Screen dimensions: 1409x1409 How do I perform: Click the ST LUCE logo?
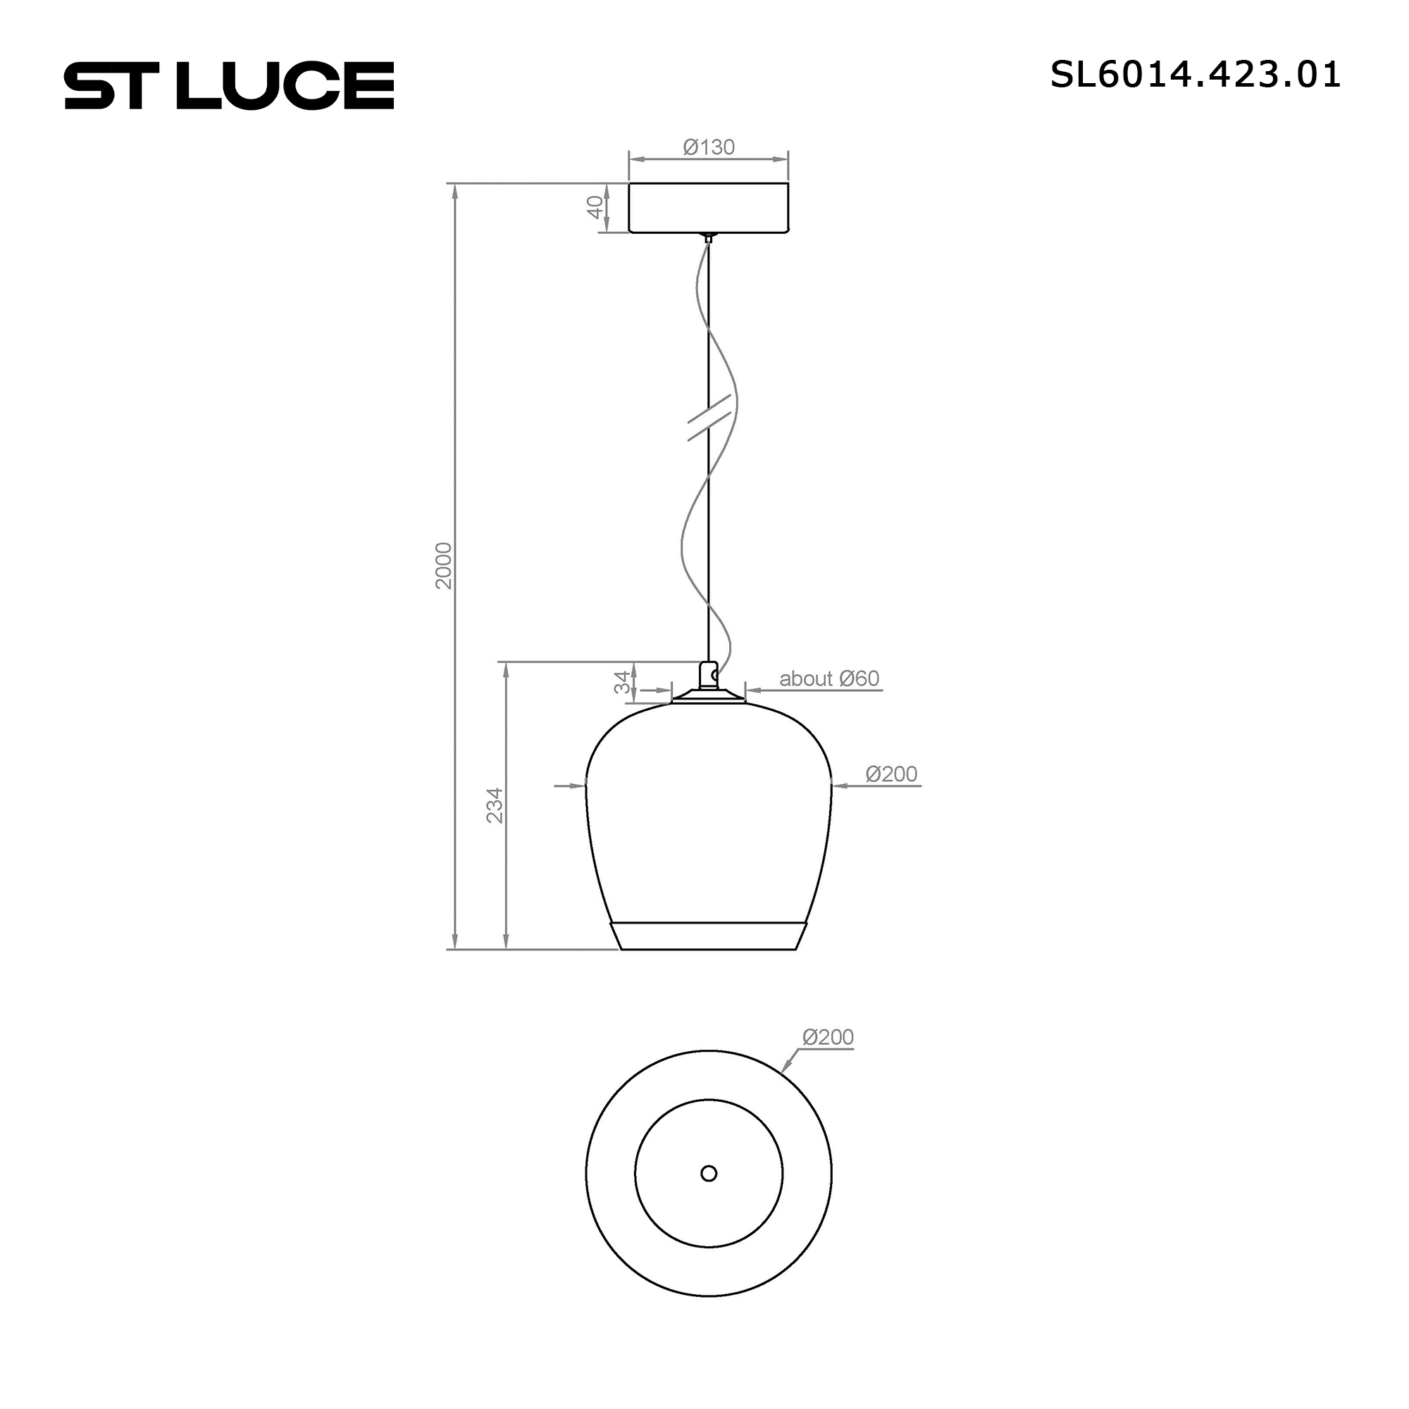click(229, 85)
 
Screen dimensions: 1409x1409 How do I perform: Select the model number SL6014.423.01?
click(1195, 75)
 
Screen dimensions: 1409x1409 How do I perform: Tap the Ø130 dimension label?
click(708, 147)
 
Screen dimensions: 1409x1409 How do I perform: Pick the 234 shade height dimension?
click(495, 805)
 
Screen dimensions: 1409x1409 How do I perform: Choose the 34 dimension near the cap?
click(622, 682)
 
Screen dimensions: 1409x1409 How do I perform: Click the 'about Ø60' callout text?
click(829, 678)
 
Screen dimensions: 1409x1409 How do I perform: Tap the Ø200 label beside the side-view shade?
click(890, 774)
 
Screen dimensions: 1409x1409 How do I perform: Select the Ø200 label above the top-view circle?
click(827, 1037)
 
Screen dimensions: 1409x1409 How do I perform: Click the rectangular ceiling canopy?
click(708, 208)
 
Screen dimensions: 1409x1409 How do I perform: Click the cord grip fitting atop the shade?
click(708, 676)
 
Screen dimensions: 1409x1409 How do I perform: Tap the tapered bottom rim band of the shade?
click(708, 936)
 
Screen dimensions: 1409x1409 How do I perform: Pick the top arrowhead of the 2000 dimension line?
click(455, 191)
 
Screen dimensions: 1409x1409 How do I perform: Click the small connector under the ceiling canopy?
click(708, 237)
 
